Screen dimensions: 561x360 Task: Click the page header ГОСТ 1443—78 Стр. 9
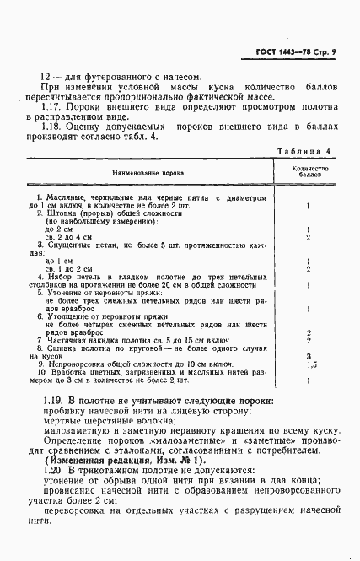point(294,53)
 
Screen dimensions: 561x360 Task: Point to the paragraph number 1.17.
point(53,109)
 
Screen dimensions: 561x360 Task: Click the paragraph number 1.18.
point(53,126)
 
